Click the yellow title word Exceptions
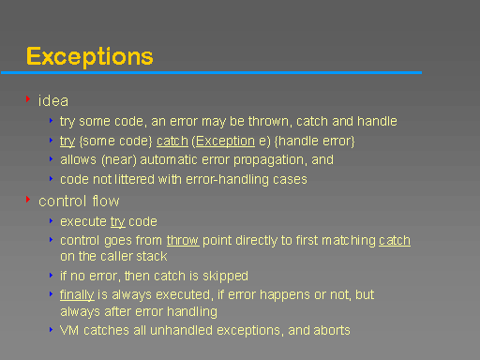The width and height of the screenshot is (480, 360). coord(90,56)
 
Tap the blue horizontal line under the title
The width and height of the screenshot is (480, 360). coord(211,72)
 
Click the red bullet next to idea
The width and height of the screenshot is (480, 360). coord(28,99)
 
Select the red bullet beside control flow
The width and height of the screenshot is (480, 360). coord(28,199)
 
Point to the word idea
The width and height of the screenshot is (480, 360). coord(53,101)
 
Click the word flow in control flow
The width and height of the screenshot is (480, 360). coord(106,201)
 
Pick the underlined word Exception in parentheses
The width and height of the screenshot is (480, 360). coord(225,142)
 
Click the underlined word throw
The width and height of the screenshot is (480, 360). coord(183,241)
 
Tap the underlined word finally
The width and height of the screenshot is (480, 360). coord(77,295)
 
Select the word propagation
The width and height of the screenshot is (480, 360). coord(268,160)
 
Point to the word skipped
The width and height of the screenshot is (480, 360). coord(225,277)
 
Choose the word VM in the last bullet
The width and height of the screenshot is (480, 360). coord(69,330)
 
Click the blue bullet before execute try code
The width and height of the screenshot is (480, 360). coord(51,221)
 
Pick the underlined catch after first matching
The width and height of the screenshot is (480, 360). coord(395,241)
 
